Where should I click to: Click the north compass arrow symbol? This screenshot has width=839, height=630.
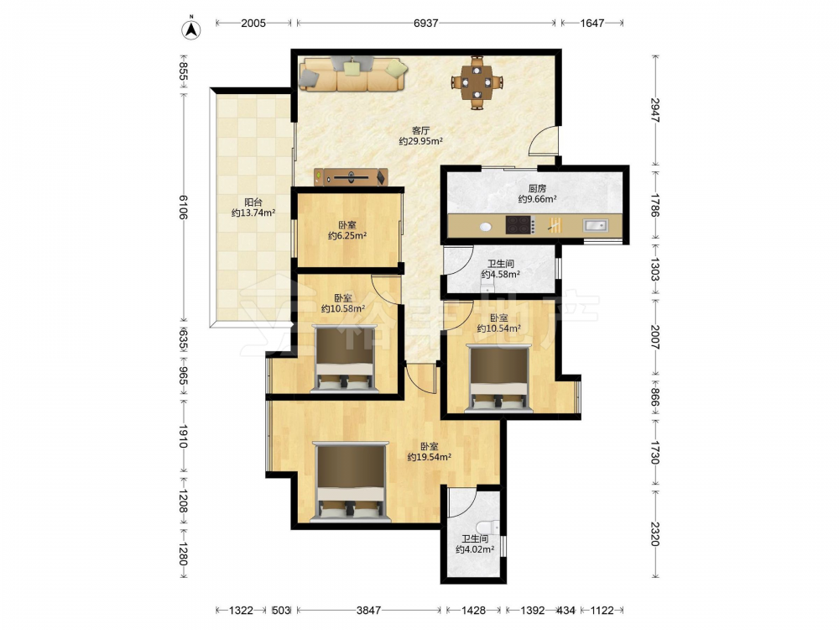pos(191,29)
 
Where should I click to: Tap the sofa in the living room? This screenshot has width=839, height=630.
pos(353,75)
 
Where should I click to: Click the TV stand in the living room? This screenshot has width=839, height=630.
pos(351,176)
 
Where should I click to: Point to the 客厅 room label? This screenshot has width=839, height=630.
pos(421,130)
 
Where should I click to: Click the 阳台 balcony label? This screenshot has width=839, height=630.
pos(253,202)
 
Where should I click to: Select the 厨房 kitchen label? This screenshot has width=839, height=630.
pos(537,188)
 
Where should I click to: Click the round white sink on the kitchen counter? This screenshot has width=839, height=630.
pos(485,227)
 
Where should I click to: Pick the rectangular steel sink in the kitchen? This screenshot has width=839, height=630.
pos(595,225)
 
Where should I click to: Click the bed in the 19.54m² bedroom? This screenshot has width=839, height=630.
pos(351,481)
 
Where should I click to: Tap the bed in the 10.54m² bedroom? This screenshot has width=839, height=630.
pos(498,379)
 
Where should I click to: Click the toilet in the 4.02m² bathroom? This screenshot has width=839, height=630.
pos(490,528)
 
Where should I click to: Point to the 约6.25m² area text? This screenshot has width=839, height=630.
pos(347,235)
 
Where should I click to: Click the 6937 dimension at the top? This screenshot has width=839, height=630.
pos(426,23)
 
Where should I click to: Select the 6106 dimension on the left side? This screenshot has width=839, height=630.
pos(182,207)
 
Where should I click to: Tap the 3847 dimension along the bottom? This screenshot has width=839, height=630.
pos(368,610)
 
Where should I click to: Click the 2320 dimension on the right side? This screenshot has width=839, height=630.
pos(654,534)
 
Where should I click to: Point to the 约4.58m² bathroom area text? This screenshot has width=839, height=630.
pos(500,275)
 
